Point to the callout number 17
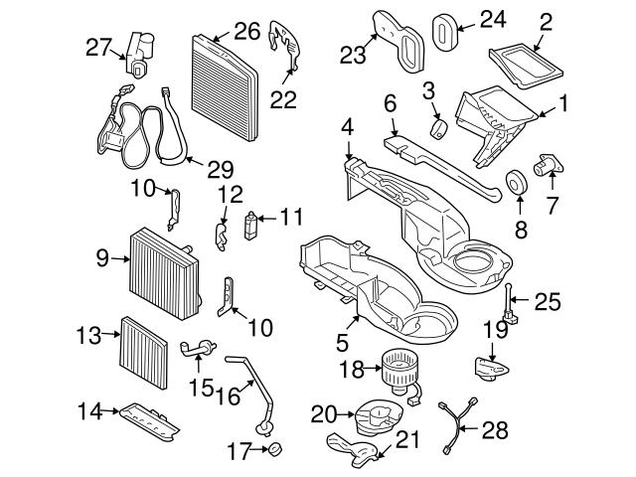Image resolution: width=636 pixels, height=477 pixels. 237,452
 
